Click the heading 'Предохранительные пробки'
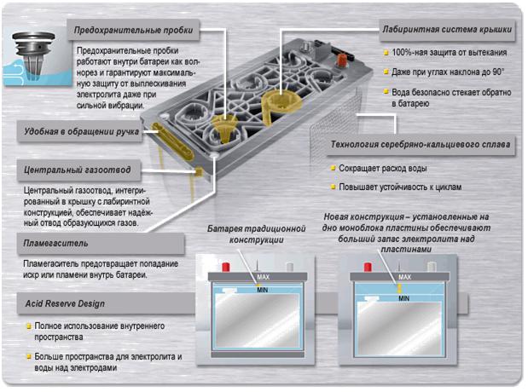(134, 31)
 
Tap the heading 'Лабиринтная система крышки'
(448, 29)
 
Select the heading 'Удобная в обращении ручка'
(82, 131)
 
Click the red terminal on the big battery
(346, 60)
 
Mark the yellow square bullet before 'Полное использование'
(27, 326)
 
